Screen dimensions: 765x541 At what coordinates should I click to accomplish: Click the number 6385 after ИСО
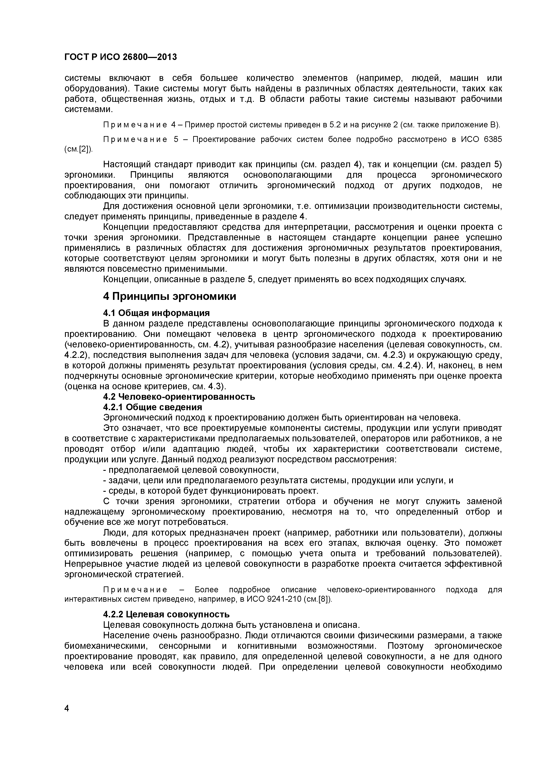coord(492,139)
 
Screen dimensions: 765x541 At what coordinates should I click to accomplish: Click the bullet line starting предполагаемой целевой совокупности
coord(191,470)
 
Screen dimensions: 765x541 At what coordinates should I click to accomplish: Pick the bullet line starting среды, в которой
coord(211,491)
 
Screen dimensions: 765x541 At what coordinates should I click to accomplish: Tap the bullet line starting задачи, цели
coord(278,480)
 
